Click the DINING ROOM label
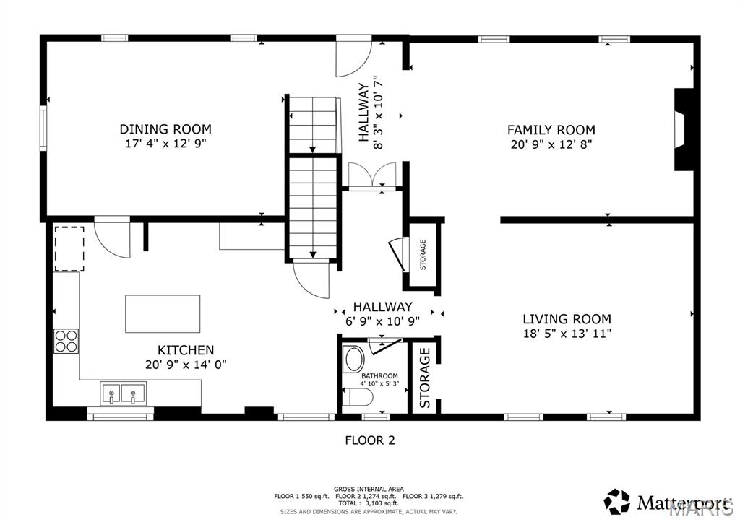[x=165, y=129]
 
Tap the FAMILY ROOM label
[x=551, y=130]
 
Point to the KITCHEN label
[x=186, y=350]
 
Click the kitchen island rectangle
[x=163, y=313]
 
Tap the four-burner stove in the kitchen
[x=66, y=340]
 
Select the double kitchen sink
[x=123, y=394]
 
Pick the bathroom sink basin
[x=354, y=359]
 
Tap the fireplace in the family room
[x=682, y=130]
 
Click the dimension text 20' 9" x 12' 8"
[x=551, y=144]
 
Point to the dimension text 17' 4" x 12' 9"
[x=165, y=144]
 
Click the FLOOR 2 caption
[x=369, y=440]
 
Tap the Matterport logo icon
[x=616, y=501]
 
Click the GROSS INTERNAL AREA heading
[x=369, y=489]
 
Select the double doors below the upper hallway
[x=371, y=175]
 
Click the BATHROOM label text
[x=379, y=376]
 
